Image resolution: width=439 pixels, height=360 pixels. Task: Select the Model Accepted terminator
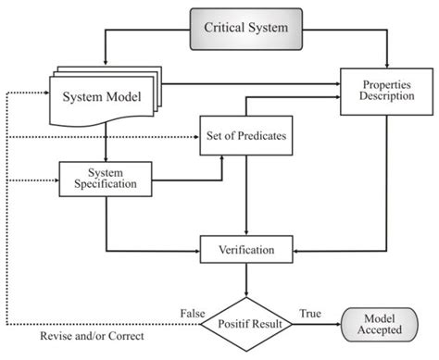(x=380, y=324)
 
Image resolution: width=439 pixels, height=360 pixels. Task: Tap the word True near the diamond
(x=310, y=316)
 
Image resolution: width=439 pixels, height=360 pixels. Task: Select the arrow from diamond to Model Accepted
(x=316, y=325)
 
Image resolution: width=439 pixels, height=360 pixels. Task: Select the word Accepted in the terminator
(x=380, y=331)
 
